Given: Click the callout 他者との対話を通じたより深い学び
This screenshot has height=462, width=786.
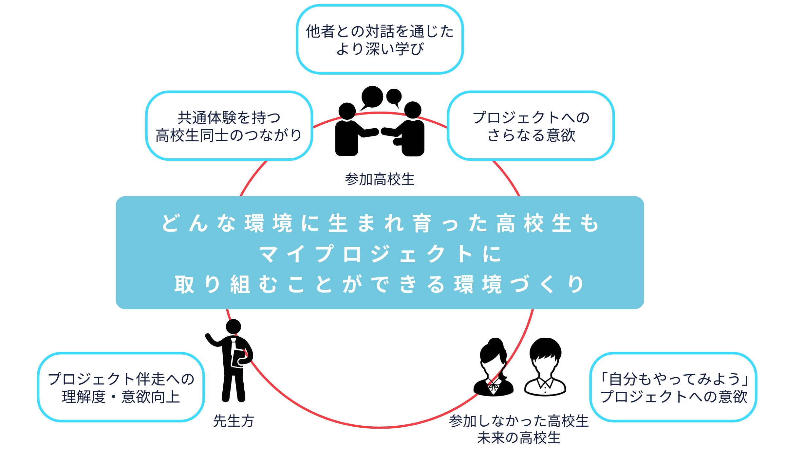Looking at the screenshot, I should tap(380, 40).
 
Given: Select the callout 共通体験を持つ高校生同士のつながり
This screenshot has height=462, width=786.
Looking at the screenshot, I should tap(229, 126).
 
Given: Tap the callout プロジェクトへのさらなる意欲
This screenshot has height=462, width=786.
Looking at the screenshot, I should tap(531, 126).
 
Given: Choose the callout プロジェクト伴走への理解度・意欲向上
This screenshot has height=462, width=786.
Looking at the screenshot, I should tap(121, 387).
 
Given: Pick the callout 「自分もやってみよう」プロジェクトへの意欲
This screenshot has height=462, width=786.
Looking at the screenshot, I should tap(673, 387).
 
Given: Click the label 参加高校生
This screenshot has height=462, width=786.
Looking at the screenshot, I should tap(380, 179).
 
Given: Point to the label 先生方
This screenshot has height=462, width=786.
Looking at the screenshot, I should tap(234, 421).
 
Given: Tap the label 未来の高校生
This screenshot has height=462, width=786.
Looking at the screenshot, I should tap(519, 438).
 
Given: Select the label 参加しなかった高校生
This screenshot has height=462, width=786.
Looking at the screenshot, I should tap(519, 421).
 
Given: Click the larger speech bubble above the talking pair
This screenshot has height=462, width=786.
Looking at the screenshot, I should tap(372, 97).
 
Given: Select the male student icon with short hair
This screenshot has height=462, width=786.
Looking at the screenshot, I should tap(545, 368).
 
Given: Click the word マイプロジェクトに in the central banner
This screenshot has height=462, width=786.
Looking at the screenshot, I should tap(380, 254).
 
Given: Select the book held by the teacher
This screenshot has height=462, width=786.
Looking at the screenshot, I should tap(238, 359).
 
